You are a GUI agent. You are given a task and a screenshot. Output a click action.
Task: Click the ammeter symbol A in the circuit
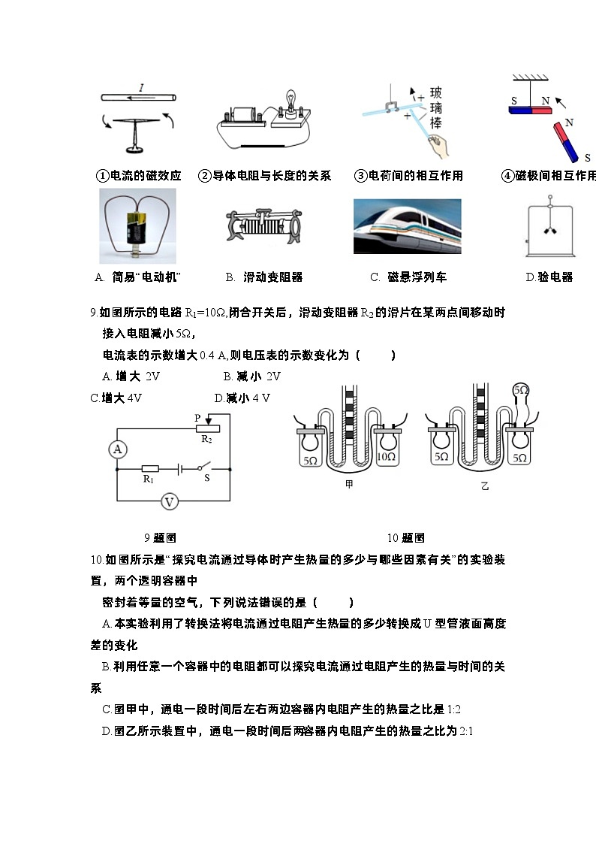[x=118, y=449]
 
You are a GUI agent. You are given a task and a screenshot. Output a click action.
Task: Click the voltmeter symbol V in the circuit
[x=170, y=501]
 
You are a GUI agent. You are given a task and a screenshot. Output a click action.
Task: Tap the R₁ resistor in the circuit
[x=149, y=468]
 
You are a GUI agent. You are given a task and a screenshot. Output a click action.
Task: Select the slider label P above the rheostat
[x=197, y=417]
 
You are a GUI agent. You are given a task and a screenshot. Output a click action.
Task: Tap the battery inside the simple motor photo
[x=137, y=228]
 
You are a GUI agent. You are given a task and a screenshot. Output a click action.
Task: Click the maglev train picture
[x=407, y=226]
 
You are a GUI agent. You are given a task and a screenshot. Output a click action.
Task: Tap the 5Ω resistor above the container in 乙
[x=520, y=392]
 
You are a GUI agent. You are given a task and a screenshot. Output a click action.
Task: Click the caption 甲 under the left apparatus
[x=349, y=486]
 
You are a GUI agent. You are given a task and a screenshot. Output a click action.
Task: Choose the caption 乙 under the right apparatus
[x=484, y=486]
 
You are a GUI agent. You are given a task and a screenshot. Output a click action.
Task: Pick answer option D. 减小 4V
[x=242, y=398]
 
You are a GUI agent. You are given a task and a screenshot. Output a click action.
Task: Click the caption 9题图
[x=160, y=537]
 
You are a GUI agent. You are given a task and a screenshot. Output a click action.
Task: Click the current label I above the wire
[x=141, y=88]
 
